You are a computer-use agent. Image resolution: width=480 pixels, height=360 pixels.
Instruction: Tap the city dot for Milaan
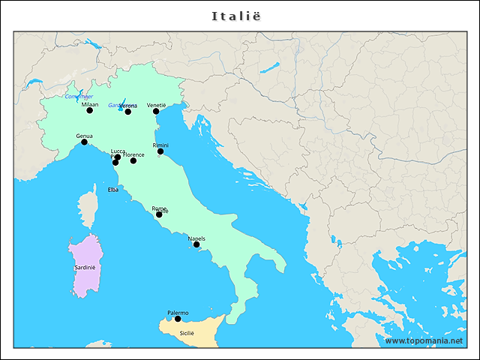(x=90, y=110)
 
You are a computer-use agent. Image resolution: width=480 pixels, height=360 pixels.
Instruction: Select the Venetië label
(x=157, y=105)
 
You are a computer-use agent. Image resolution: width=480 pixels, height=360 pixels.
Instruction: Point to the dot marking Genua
(x=84, y=142)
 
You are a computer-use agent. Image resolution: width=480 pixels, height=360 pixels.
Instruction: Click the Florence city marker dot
(x=133, y=160)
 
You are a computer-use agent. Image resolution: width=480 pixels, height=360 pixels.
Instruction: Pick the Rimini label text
(x=160, y=145)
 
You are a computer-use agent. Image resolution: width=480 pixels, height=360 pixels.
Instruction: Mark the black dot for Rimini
(x=160, y=151)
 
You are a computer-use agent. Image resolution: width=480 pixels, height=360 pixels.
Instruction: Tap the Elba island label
(x=113, y=190)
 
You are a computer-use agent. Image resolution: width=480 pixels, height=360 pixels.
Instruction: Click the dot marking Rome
(x=159, y=215)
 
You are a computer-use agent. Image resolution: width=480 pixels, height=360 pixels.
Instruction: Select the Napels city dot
(x=196, y=244)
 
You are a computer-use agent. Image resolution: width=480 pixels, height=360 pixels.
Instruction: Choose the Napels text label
(x=196, y=238)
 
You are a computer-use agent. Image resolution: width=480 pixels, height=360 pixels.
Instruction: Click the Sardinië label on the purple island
(x=85, y=267)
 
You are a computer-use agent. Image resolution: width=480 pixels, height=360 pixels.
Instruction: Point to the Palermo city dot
(x=178, y=319)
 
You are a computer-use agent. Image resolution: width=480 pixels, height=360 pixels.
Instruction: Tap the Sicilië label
(x=186, y=332)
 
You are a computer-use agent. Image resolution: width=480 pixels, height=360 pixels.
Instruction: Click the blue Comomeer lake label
(x=79, y=97)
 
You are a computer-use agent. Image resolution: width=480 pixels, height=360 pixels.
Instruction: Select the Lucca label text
(x=118, y=151)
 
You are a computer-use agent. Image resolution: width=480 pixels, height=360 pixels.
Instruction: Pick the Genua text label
(x=84, y=136)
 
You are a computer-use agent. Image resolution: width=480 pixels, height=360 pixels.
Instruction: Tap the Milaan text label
(x=90, y=104)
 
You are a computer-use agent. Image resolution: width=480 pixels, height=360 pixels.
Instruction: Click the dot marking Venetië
(x=157, y=111)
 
